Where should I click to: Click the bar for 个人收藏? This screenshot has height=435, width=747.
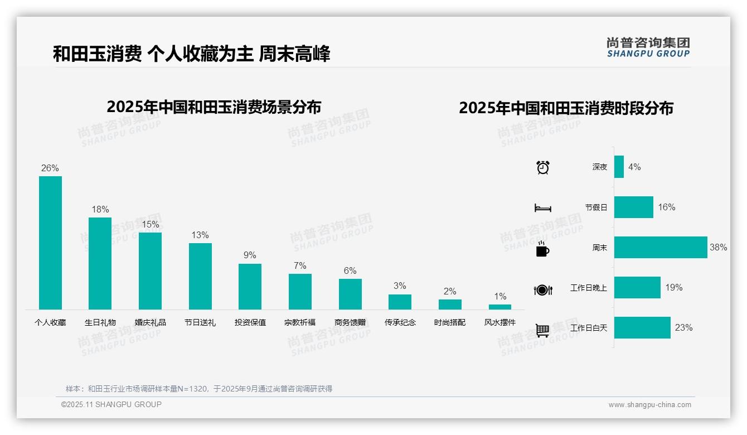(x=50, y=243)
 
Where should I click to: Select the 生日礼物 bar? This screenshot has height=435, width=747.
(x=100, y=263)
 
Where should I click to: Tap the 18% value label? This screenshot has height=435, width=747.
(x=100, y=210)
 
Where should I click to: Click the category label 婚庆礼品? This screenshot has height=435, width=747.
(x=150, y=322)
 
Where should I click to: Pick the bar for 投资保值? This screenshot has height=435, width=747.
(x=250, y=286)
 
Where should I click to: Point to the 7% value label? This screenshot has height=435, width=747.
(x=300, y=266)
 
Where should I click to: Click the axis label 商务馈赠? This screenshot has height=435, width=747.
(x=350, y=322)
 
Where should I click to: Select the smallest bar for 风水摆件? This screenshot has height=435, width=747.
(x=499, y=307)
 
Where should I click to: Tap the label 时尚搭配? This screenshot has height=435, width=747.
(x=450, y=322)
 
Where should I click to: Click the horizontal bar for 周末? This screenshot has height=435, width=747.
(x=661, y=247)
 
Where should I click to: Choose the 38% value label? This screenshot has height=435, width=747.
(x=718, y=247)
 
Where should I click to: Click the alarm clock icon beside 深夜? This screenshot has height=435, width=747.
(x=542, y=167)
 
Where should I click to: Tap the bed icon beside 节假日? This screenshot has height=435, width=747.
(x=542, y=207)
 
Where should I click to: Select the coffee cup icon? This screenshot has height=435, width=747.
(x=542, y=249)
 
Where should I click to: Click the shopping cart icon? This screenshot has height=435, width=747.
(x=542, y=330)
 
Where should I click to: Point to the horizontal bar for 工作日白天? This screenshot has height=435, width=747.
(x=642, y=328)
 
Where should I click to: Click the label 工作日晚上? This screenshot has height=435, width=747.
(x=588, y=288)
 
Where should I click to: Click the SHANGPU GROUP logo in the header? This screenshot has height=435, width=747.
(x=648, y=47)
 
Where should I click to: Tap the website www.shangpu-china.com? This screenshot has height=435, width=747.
(x=649, y=405)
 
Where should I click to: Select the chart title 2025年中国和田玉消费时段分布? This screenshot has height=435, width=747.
(x=566, y=108)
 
